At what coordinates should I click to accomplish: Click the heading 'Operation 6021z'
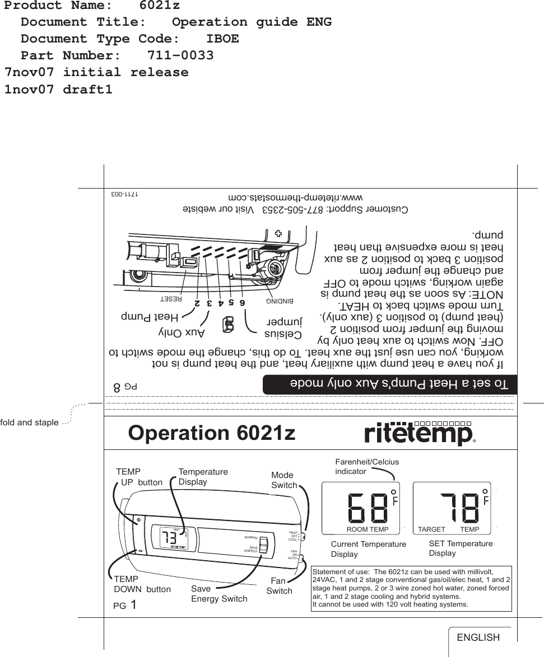pos(212,433)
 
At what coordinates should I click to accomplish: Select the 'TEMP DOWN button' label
pos(142,584)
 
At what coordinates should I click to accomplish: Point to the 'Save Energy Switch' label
pos(218,594)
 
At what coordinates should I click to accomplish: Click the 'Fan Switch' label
pos(280,586)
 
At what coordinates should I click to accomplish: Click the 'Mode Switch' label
pos(283,480)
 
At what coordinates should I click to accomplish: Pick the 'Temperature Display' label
pos(203,477)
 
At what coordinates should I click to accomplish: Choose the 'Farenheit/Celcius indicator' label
pos(366,467)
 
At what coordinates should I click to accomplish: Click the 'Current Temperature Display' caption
pos(368,549)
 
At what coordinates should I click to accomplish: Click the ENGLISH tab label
pos(478,637)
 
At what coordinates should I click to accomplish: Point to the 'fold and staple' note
pos(29,423)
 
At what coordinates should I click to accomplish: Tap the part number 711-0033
pos(180,55)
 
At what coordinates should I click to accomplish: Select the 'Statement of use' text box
pos(411,588)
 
